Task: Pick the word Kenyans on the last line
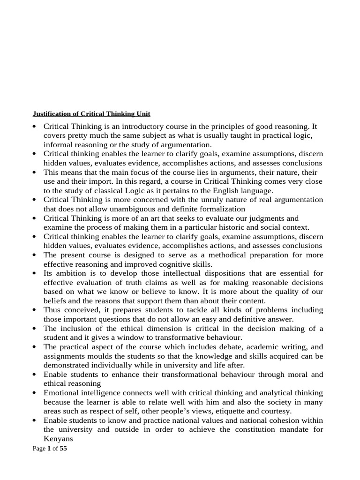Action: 59,439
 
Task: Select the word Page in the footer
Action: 38,449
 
